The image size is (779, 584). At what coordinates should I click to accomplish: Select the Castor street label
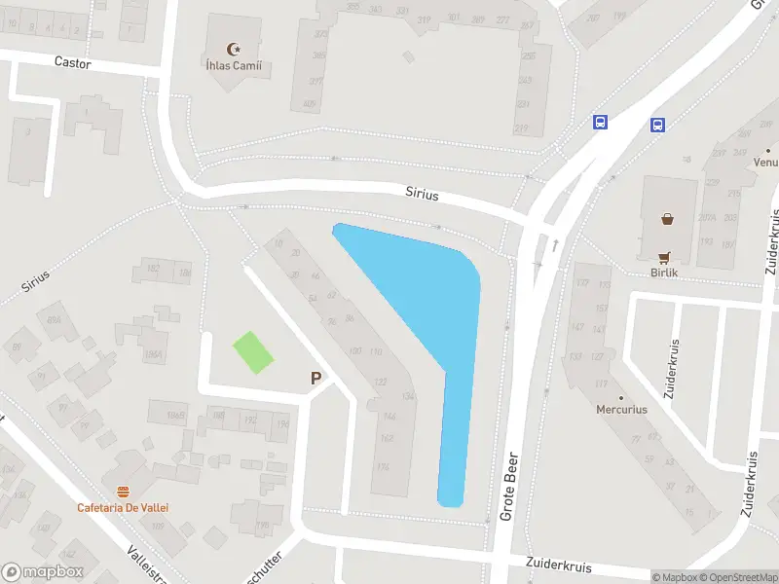click(72, 62)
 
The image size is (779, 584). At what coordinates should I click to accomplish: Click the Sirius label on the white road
click(422, 195)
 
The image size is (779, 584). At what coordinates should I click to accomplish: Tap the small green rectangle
click(253, 352)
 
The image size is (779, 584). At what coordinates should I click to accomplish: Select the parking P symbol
click(315, 379)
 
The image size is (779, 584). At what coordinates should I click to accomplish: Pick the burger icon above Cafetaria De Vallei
click(123, 491)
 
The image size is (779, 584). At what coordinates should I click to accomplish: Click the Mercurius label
click(621, 410)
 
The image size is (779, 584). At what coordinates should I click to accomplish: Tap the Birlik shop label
click(665, 274)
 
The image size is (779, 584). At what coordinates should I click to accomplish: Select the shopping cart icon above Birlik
click(665, 258)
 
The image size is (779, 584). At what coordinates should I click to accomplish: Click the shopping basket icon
click(668, 219)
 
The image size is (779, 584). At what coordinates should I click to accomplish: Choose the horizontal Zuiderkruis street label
click(558, 565)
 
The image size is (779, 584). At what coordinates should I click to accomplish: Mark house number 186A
click(153, 355)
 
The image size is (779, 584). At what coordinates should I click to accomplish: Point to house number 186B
click(175, 417)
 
